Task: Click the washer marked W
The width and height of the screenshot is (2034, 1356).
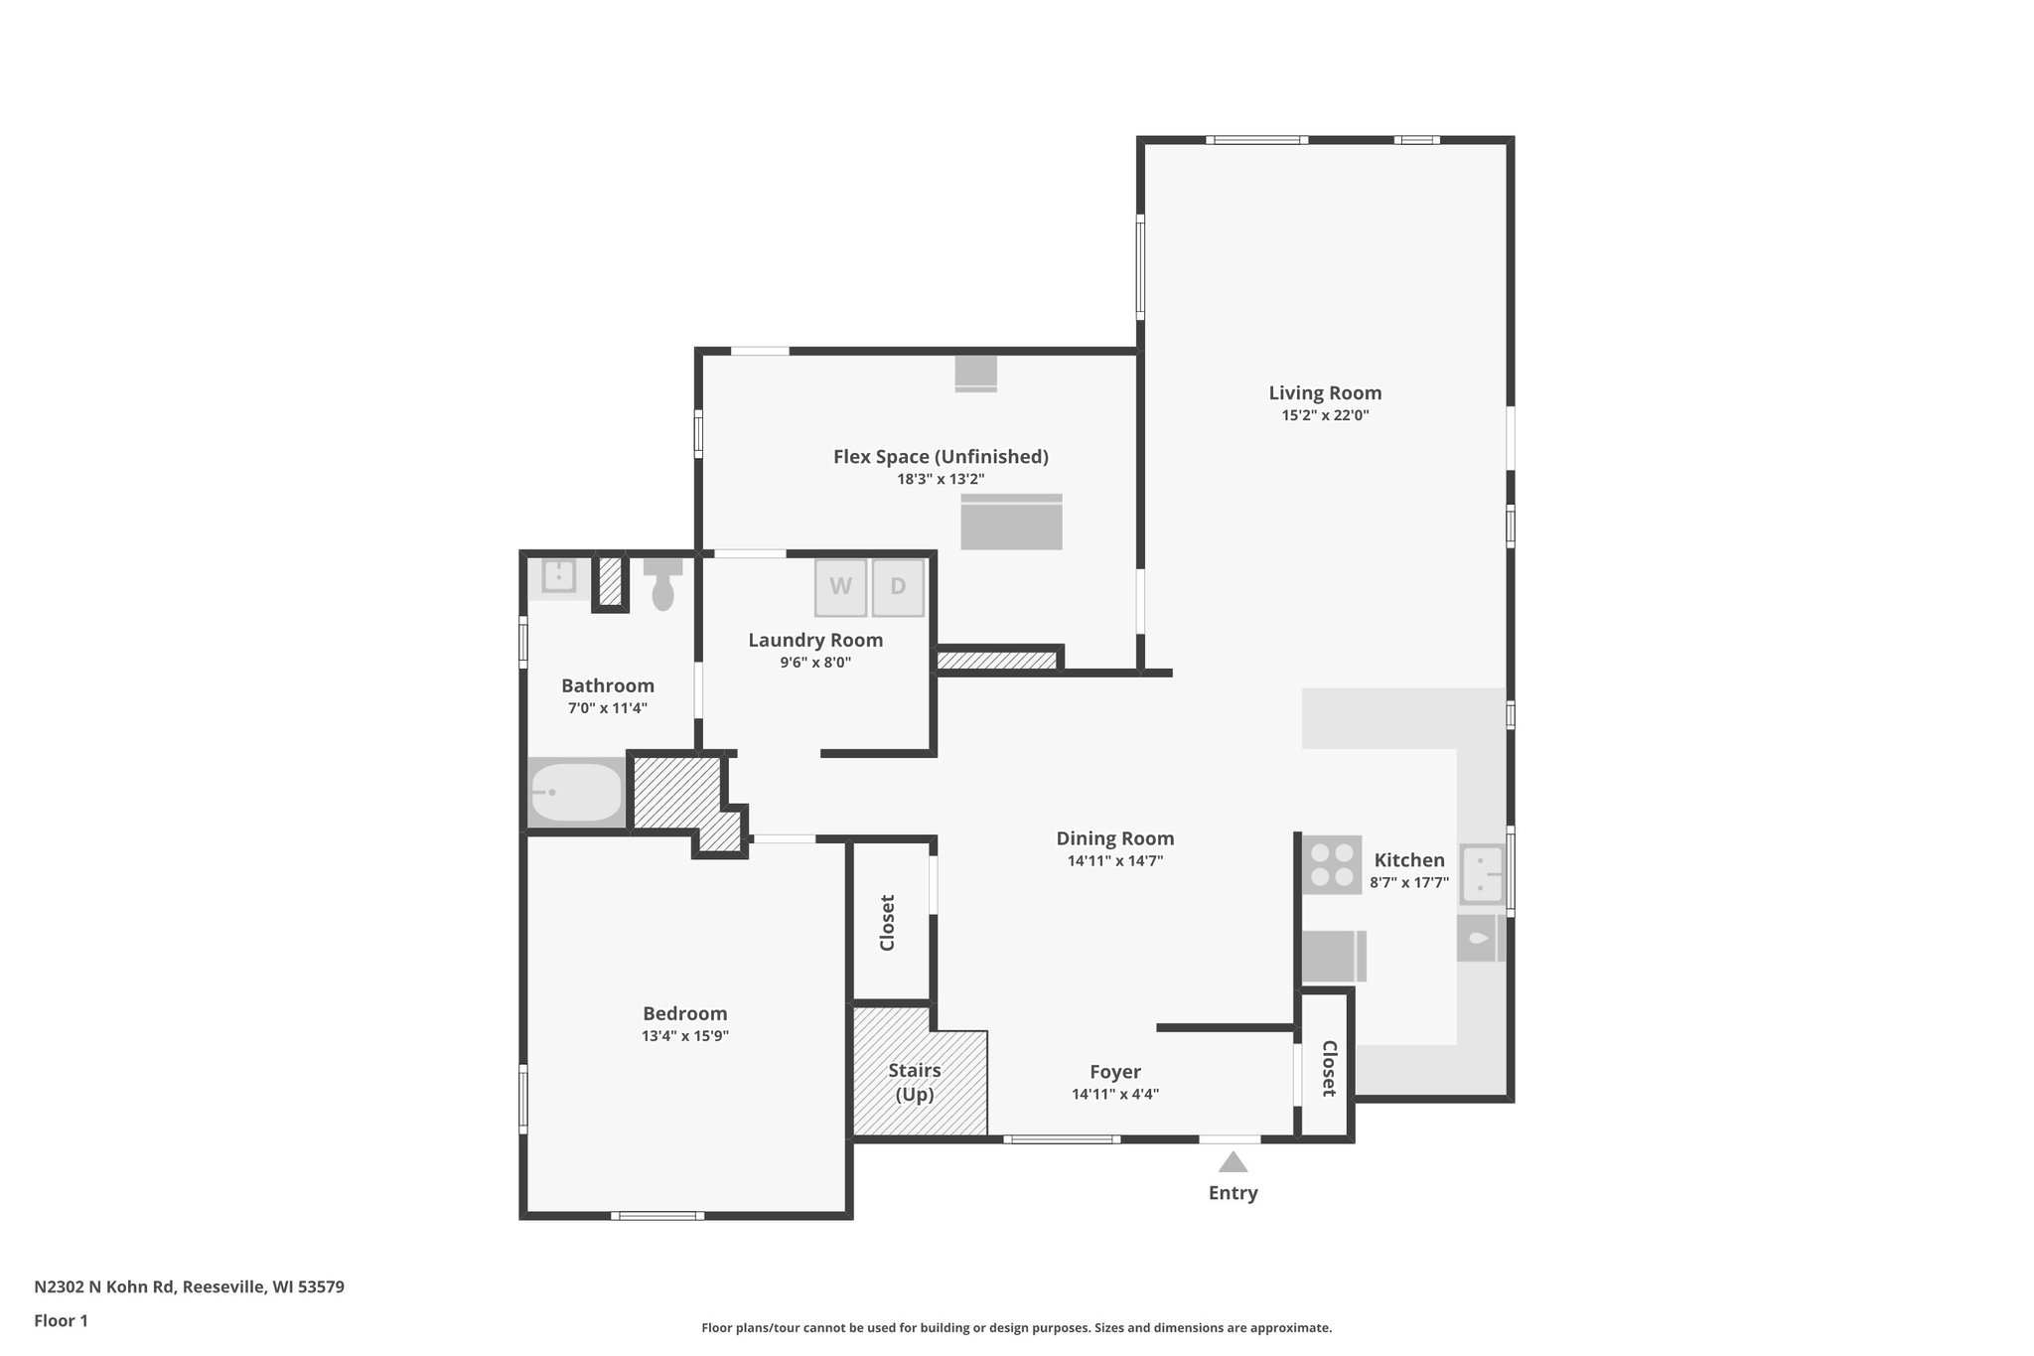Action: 840,587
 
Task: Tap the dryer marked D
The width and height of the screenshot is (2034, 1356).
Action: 898,587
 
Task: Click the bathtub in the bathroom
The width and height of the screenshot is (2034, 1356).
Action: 575,793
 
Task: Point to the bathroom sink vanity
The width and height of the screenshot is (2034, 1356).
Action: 559,576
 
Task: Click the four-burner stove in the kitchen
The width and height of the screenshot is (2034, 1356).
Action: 1331,865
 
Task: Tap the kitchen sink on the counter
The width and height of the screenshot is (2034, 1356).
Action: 1481,874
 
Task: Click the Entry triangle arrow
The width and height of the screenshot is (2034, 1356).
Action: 1233,1162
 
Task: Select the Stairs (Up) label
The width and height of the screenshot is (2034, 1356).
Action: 914,1082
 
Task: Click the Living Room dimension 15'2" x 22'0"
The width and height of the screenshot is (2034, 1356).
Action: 1325,416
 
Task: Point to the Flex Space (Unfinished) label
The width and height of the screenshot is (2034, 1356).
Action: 941,457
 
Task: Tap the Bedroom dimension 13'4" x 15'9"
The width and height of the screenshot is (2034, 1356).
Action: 685,1036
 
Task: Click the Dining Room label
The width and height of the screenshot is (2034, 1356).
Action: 1114,838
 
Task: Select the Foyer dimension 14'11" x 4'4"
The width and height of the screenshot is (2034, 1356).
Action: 1114,1095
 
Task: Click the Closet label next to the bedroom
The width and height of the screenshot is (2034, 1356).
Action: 888,922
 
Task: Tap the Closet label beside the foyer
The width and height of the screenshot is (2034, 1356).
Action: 1329,1068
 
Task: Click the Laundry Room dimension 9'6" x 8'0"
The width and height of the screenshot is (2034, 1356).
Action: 815,663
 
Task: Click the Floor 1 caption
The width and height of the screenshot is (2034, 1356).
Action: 61,1321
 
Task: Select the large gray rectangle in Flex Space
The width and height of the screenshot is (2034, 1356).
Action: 1011,523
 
